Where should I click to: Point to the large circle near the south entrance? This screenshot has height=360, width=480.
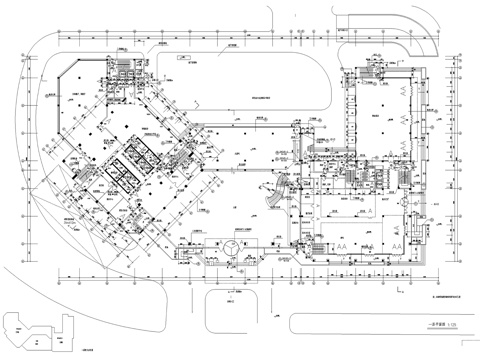[x=230, y=245]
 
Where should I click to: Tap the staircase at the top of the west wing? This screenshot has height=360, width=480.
[x=123, y=68]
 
